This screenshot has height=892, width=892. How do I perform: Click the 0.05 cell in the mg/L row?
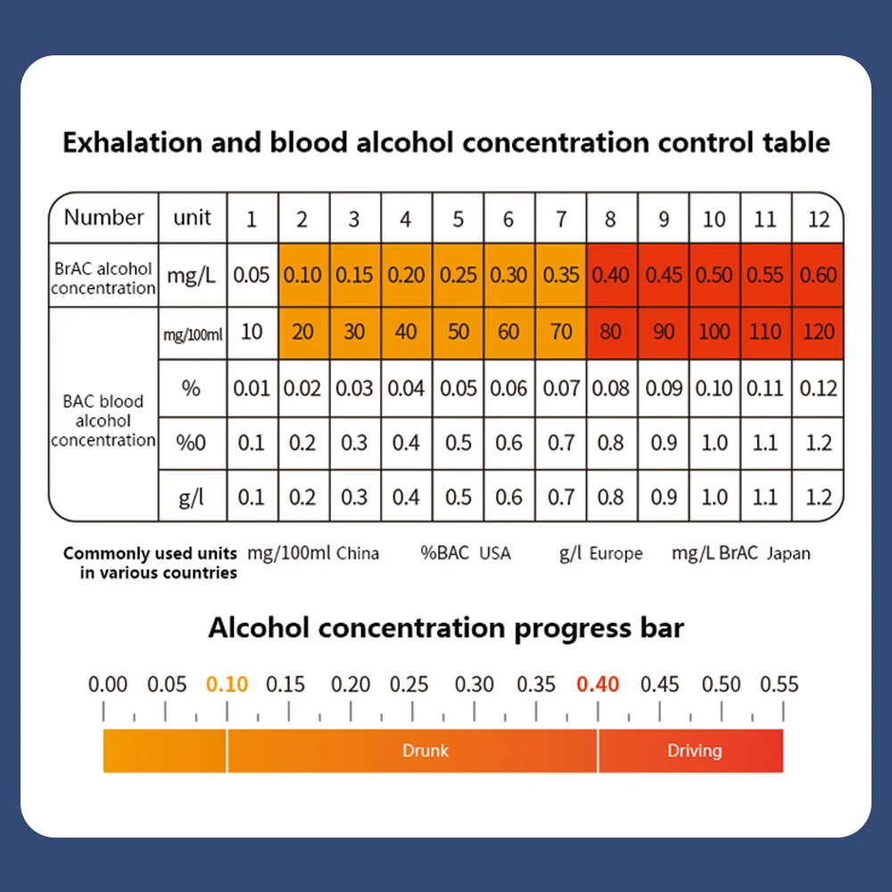pos(252,275)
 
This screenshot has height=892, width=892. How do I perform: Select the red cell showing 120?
pos(818,332)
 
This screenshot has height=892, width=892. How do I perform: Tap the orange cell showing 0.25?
pos(458,275)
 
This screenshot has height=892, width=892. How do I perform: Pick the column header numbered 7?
pos(561,219)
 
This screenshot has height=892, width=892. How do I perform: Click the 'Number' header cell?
pos(103,218)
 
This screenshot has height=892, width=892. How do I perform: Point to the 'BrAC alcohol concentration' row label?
pos(103,277)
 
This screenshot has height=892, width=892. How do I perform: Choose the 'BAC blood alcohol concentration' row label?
pos(103,420)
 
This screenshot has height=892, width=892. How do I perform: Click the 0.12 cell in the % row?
pos(818,388)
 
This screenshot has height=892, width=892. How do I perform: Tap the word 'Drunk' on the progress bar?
pos(425,750)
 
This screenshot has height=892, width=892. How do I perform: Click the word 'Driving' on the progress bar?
pos(694,750)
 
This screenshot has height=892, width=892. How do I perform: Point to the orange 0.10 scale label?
pos(227,684)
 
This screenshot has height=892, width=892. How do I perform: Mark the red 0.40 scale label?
pos(598,684)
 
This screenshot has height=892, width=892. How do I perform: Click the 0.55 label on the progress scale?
pos(779,684)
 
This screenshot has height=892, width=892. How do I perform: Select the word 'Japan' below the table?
pos(789,553)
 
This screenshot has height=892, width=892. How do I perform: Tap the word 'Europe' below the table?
pos(615,553)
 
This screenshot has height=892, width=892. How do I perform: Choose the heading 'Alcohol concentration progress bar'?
pos(446,627)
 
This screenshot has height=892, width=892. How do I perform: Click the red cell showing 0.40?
pos(611,275)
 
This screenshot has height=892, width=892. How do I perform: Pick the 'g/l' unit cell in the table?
pos(192,497)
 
